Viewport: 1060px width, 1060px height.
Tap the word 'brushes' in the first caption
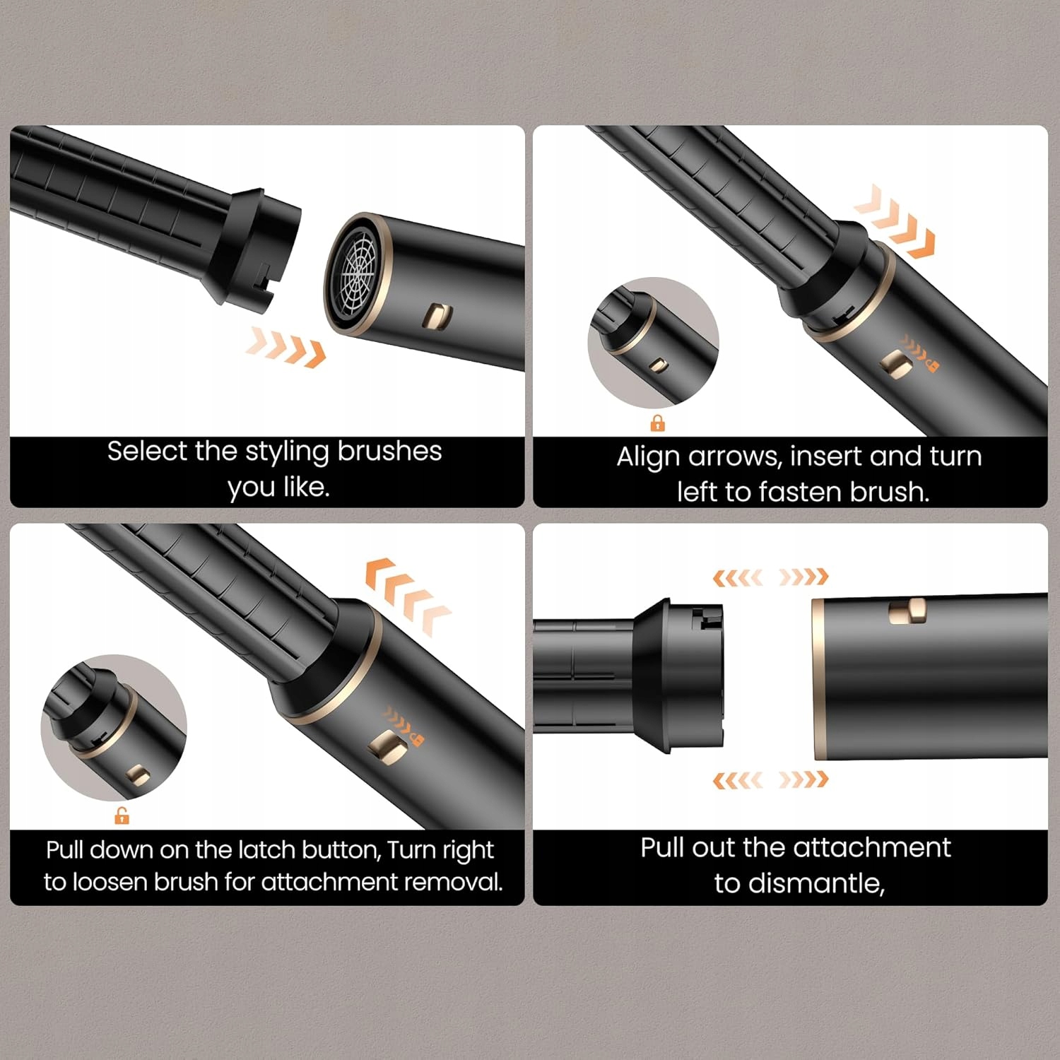coord(389,451)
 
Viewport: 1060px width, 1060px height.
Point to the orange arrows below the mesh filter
coord(286,347)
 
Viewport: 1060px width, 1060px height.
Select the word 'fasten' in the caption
coord(800,492)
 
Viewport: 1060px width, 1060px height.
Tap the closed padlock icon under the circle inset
coord(657,423)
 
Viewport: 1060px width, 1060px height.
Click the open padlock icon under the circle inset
coord(122,816)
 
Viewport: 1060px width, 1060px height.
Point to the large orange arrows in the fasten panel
coord(895,221)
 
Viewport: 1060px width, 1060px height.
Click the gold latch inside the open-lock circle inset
coord(139,775)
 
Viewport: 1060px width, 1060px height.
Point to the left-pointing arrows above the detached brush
coord(738,577)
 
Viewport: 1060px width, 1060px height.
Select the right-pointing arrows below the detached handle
coord(803,780)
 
